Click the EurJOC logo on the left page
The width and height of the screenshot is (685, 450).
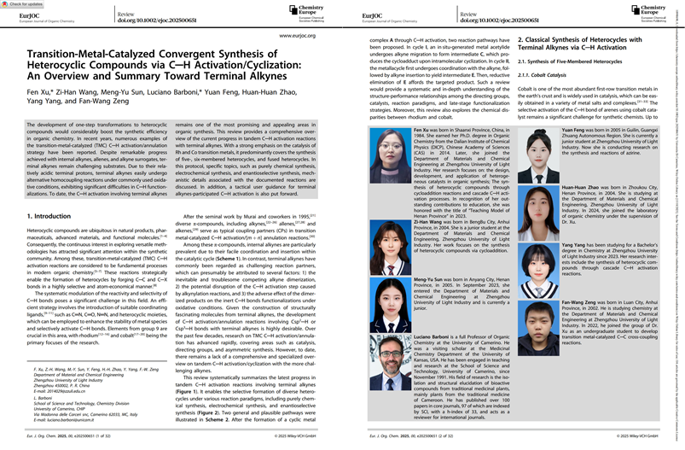(x=26, y=15)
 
